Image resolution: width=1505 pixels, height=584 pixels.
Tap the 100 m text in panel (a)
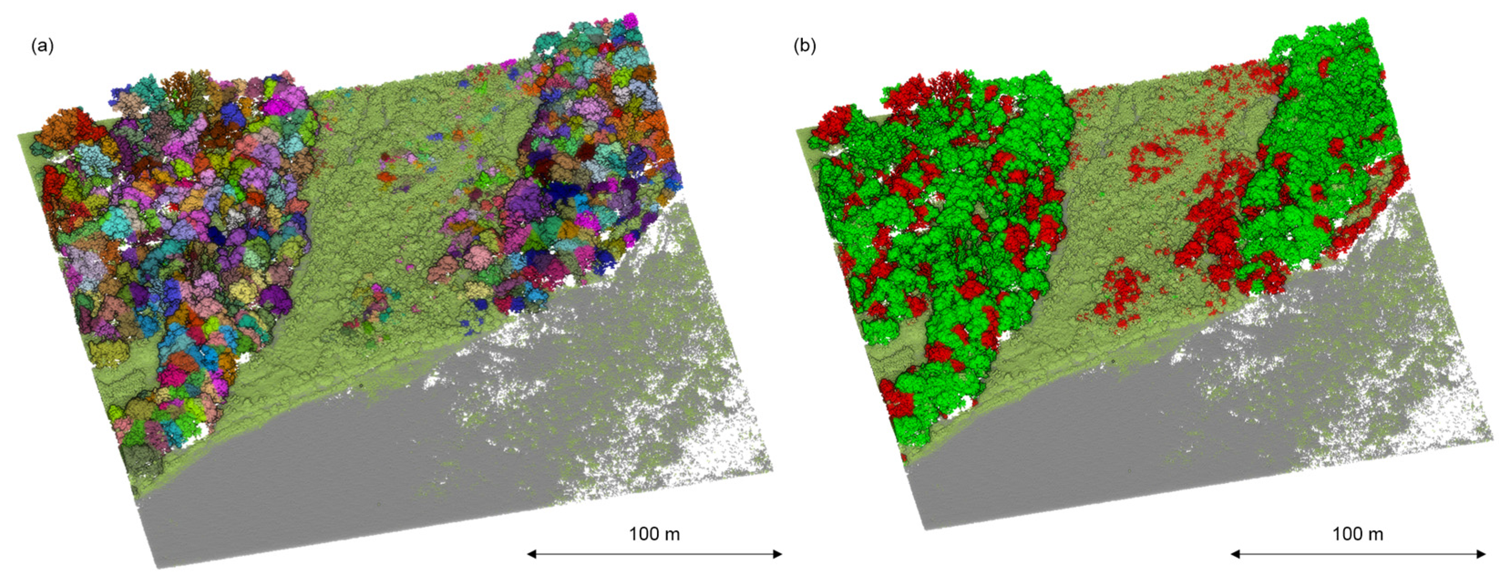click(x=654, y=534)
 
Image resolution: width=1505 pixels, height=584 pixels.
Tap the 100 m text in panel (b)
click(x=1358, y=534)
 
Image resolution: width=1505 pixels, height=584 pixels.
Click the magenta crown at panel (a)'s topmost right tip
click(x=630, y=20)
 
